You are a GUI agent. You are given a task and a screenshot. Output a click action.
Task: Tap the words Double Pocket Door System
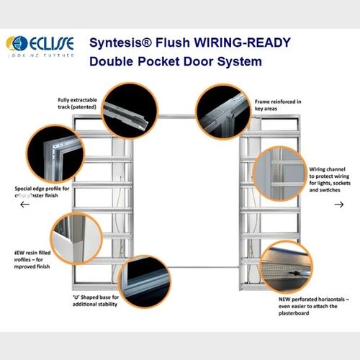(x=176, y=61)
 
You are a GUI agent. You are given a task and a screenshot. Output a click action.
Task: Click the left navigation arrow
(x=24, y=204)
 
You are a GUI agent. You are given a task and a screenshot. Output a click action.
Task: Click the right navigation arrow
(x=339, y=204)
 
